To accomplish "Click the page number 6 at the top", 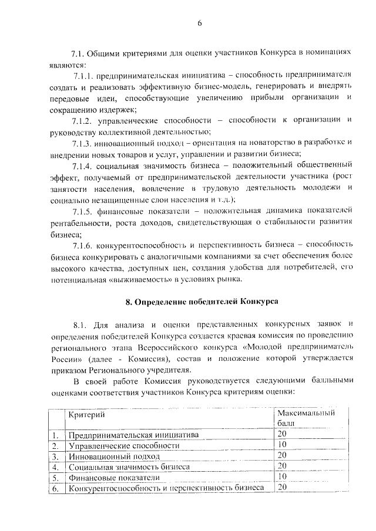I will (199, 23).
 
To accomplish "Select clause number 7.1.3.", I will (83, 142).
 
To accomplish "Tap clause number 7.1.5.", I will (83, 209).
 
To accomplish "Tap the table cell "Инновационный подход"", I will (105, 456).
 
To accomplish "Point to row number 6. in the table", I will (55, 488).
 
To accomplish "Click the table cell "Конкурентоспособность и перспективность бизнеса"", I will (165, 488).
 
